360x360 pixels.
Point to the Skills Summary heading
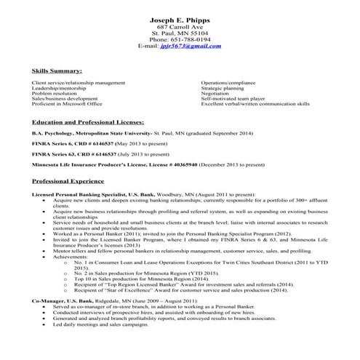[x=57, y=71]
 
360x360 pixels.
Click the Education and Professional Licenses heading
[x=88, y=121]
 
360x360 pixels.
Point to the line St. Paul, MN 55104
[x=179, y=33]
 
